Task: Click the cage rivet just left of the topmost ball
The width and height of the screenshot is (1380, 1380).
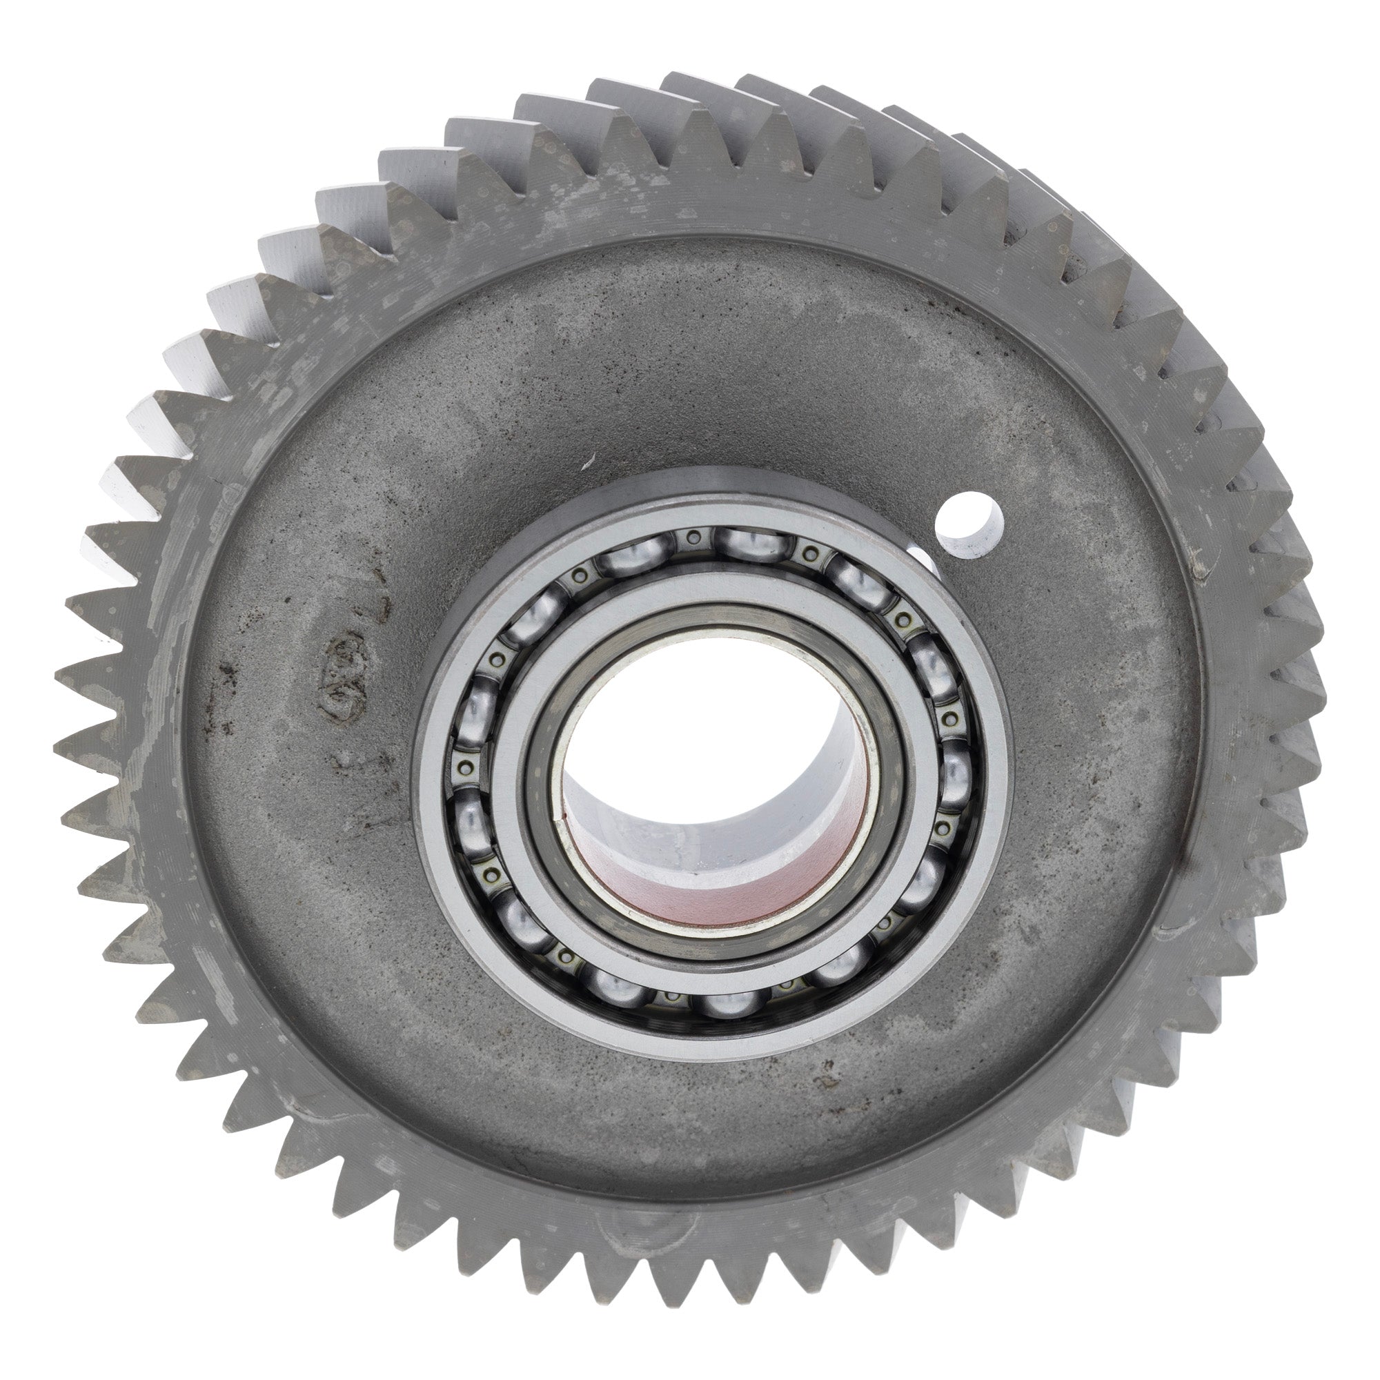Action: click(691, 537)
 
